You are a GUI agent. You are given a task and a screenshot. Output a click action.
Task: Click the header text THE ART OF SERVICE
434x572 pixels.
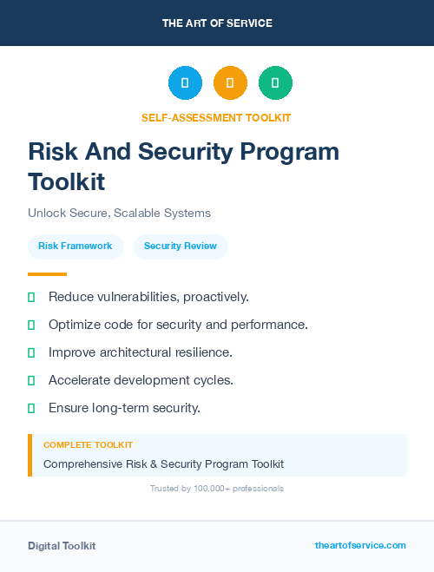[217, 23]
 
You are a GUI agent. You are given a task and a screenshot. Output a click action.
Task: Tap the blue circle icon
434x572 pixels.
[185, 83]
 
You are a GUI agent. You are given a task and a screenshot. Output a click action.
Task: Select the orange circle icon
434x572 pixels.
[230, 83]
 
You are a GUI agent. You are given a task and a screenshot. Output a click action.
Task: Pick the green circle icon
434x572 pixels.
[275, 83]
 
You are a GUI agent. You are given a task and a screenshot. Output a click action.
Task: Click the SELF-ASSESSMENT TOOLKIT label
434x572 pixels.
[216, 117]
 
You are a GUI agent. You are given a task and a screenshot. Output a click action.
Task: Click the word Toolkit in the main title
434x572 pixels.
[66, 181]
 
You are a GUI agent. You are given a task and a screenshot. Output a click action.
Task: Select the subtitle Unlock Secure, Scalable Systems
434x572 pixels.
[119, 213]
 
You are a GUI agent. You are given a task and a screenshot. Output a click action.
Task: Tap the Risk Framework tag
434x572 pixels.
[75, 246]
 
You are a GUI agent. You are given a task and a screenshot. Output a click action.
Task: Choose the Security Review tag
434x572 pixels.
[181, 246]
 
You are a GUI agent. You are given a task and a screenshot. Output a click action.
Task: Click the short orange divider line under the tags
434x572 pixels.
[48, 274]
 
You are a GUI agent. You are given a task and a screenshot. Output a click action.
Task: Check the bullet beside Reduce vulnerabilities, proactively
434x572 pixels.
[31, 297]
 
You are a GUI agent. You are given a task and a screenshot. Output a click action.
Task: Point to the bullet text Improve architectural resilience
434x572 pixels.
[140, 352]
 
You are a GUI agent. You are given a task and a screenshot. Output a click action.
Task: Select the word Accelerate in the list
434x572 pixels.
[79, 380]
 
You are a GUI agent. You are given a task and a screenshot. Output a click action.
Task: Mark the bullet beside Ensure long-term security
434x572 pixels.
[31, 408]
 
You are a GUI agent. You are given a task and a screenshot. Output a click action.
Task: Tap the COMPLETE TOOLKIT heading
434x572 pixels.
[88, 444]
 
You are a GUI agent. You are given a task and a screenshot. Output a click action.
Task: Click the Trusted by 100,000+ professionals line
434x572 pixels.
[216, 489]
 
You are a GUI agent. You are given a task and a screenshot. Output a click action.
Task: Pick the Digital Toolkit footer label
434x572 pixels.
[62, 546]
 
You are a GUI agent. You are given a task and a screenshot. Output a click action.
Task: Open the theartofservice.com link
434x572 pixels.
[360, 545]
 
